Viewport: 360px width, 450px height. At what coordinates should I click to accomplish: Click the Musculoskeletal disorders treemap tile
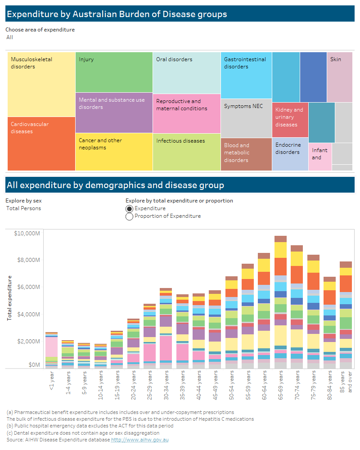coord(41,84)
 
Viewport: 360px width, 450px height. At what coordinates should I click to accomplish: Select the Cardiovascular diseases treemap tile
coord(41,144)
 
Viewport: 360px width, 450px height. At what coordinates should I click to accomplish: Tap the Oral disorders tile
coord(186,72)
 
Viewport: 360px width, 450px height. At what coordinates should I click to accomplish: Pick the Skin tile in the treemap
coord(339,77)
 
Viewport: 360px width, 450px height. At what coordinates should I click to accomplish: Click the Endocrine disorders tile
coord(290,154)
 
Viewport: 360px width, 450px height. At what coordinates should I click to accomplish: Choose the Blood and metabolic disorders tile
coord(246,154)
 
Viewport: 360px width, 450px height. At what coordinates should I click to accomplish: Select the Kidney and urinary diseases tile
coord(290,120)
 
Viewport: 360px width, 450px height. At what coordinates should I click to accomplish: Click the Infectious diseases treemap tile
coord(186,152)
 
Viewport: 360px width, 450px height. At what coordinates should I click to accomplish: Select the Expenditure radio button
coord(130,208)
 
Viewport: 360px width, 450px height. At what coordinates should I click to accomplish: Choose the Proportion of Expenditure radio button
coord(130,216)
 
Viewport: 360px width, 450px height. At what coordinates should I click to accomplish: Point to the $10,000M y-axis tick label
coord(27,233)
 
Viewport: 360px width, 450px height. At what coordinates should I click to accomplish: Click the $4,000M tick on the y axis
coord(28,314)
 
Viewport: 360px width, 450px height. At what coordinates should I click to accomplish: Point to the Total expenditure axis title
coord(9,297)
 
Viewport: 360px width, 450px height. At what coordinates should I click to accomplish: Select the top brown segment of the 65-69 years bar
coord(281,238)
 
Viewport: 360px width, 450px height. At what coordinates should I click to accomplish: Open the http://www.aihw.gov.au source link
coord(139,440)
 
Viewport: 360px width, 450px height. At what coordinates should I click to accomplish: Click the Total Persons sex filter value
coord(23,208)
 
